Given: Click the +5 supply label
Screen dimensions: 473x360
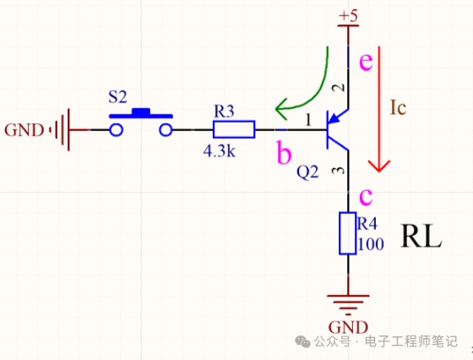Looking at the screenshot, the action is tap(348, 16).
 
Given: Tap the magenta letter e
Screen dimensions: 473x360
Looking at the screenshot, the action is tap(366, 63).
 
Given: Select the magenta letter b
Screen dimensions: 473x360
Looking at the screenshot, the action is tap(284, 153).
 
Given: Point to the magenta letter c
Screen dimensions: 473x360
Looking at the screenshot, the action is tap(366, 197).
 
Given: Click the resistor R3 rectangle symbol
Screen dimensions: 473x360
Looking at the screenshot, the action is tap(234, 129).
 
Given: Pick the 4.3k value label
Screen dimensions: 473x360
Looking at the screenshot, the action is tap(220, 151).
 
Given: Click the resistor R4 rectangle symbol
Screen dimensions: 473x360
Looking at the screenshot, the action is tap(348, 233).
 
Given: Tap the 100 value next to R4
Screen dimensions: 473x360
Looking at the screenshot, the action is tap(371, 244).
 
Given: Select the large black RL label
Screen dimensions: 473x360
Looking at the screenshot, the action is tap(421, 236).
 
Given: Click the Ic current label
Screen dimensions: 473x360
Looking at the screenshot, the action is tap(398, 107).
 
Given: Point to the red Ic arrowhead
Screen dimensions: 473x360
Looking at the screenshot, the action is tap(379, 166).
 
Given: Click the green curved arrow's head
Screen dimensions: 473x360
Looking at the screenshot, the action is tap(281, 109).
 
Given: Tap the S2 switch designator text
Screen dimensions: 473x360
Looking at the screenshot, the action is tap(117, 97).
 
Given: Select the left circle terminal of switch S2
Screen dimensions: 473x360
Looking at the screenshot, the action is tap(117, 130).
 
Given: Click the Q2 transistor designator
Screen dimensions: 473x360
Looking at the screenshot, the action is tap(307, 172).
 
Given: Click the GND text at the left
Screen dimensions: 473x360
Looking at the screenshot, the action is tap(24, 130).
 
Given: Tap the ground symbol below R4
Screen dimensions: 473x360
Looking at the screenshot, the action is tap(348, 303).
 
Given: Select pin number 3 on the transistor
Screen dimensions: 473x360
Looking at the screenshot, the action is tap(339, 171).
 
